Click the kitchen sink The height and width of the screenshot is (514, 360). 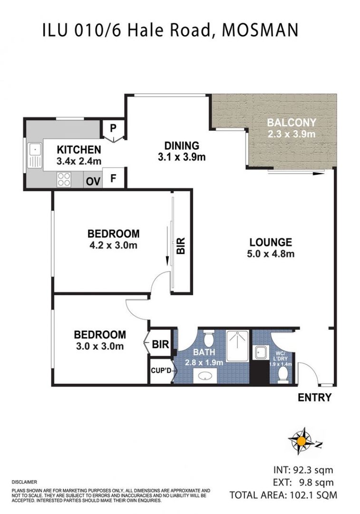coord(34,156)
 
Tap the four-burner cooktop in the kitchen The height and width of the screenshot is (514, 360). coord(64,179)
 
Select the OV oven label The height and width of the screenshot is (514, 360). coord(92,181)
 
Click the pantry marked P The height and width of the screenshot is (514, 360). coord(113,128)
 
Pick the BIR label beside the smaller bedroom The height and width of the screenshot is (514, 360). coord(161,344)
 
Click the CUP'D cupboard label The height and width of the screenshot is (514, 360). coord(160,369)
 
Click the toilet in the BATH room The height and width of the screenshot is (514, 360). coord(208,339)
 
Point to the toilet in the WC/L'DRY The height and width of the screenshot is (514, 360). coord(282,375)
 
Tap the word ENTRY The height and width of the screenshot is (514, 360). coord(314,398)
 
